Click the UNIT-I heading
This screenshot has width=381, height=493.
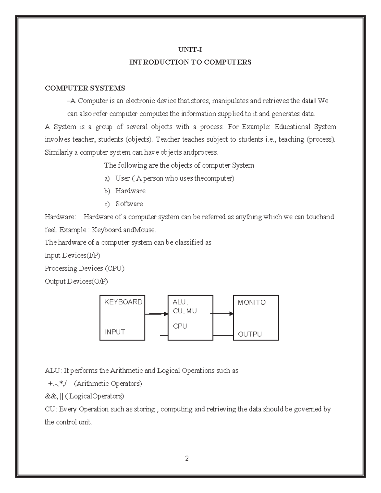[190, 50]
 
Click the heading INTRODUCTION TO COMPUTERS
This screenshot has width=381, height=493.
[190, 62]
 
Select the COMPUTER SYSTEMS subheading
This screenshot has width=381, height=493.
[85, 88]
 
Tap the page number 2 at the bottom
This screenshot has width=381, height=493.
[187, 458]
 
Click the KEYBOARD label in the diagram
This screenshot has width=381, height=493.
[123, 302]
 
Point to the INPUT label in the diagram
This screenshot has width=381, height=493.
[115, 332]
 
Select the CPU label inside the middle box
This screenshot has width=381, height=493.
[180, 326]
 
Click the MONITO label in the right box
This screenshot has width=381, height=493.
[251, 303]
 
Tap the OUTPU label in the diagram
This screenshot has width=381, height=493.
[250, 334]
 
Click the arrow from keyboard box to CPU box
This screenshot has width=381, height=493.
[156, 314]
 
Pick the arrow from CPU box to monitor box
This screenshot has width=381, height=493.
[222, 314]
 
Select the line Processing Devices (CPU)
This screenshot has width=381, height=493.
[84, 268]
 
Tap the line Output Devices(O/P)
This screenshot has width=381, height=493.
[76, 281]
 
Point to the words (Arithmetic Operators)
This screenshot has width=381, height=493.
[108, 383]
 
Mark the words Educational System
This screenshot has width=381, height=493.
[305, 127]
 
